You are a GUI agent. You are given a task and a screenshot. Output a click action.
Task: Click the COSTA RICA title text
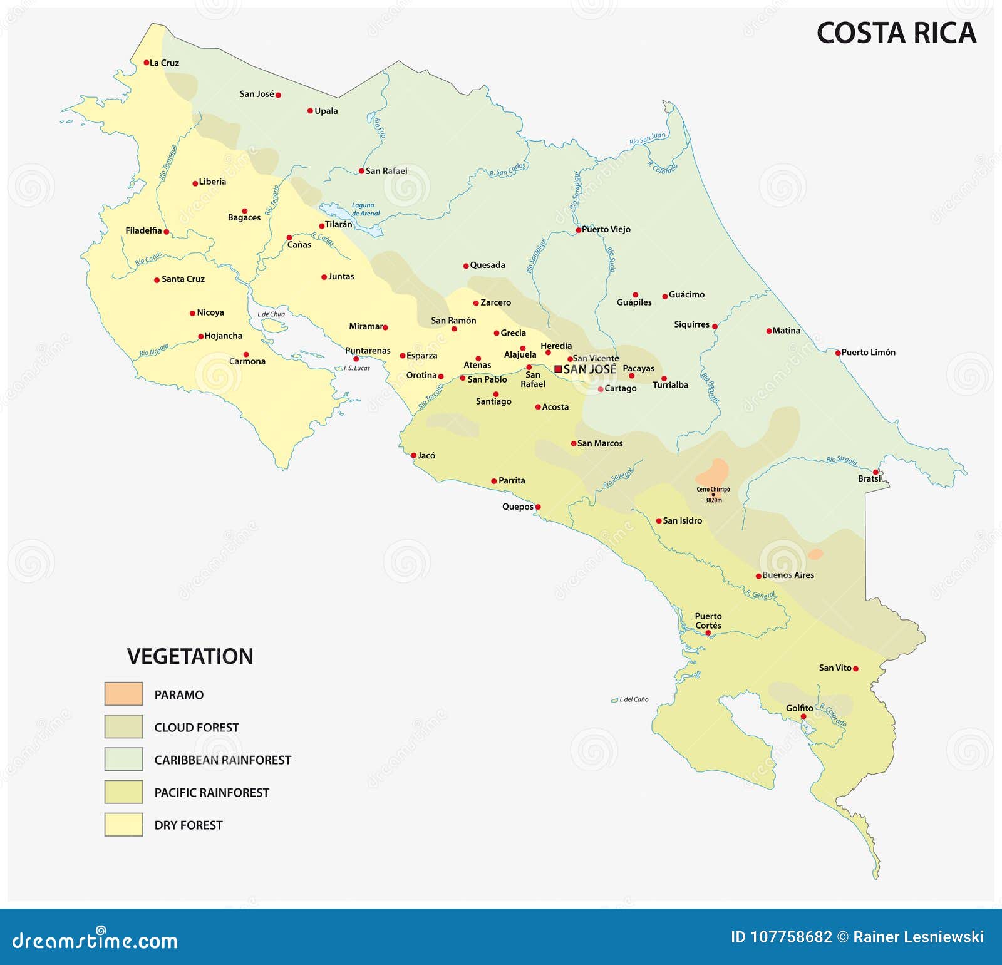896,33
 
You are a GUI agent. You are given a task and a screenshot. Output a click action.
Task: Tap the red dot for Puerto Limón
838,353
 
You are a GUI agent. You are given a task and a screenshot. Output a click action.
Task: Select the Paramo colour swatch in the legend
123,694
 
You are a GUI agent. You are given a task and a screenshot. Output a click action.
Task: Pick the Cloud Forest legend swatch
123,726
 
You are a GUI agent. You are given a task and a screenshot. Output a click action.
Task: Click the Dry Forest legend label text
189,825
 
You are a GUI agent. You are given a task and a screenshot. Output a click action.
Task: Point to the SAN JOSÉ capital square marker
558,369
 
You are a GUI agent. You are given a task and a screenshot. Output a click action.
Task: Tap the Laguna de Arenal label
366,209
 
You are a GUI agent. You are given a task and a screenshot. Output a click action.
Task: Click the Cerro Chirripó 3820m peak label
713,495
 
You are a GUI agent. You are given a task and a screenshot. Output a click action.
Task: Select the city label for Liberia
212,182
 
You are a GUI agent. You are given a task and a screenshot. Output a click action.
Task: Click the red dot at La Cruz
146,63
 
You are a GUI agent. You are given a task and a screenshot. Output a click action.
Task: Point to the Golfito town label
799,708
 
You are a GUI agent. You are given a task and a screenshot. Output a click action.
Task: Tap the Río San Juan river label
648,138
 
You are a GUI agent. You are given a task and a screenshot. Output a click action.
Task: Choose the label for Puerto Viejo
606,229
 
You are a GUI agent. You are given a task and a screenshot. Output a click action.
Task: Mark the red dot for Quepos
538,507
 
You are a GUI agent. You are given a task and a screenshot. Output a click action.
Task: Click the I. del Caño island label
634,699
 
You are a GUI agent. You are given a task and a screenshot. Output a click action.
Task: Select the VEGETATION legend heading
190,656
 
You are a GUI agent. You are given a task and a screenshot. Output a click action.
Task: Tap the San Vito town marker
855,669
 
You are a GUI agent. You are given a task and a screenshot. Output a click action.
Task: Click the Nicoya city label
210,312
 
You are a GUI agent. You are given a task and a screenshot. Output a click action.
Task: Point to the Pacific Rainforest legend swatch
123,792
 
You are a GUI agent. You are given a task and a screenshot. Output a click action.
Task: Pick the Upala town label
326,111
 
